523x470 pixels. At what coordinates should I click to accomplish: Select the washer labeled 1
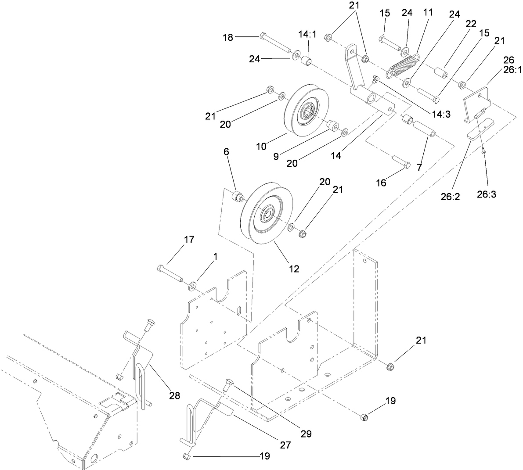click(x=192, y=287)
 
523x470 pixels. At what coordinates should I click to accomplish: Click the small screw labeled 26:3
click(x=483, y=151)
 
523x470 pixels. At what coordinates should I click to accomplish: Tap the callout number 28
click(x=174, y=396)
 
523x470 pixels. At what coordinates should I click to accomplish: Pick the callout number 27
click(x=285, y=445)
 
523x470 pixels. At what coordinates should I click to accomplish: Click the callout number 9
click(x=276, y=156)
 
